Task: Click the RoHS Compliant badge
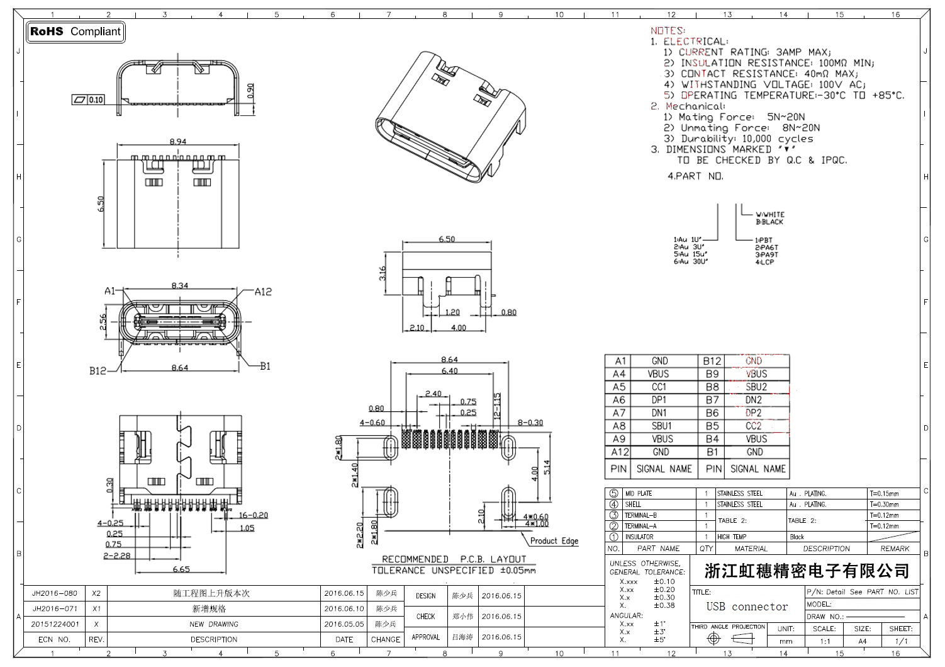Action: coord(75,31)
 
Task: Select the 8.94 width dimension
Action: coord(178,142)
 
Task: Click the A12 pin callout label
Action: coord(263,292)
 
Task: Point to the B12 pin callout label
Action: coord(97,371)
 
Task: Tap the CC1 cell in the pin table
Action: coord(659,387)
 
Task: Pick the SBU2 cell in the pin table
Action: coord(756,387)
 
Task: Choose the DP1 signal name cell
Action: coord(659,400)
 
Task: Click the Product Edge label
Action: coord(554,540)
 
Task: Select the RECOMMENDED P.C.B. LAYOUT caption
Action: coord(454,559)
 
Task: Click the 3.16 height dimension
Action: coord(383,274)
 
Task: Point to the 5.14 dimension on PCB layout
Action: coord(547,467)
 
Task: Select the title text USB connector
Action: coord(747,607)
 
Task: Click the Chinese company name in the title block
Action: coord(807,571)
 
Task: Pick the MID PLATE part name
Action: coord(638,494)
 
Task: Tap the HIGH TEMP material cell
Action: coord(732,537)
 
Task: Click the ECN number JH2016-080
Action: coord(55,593)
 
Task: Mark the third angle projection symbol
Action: coord(728,639)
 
